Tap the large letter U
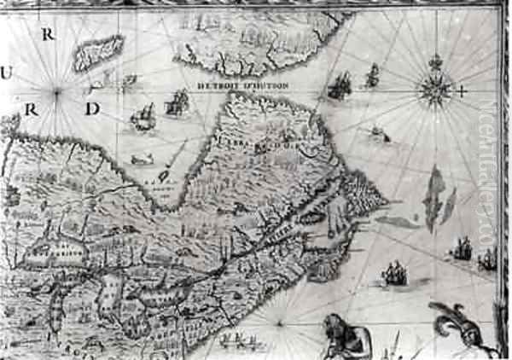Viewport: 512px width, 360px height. pos(6,73)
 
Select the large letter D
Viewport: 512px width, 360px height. pos(92,108)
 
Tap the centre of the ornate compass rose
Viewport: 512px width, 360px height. pos(435,90)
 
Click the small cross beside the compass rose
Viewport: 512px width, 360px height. pos(462,90)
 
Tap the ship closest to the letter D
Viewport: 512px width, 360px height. pos(143,116)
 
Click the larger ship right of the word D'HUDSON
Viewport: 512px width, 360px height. pos(340,84)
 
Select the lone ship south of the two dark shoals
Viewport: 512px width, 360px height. pos(393,274)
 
